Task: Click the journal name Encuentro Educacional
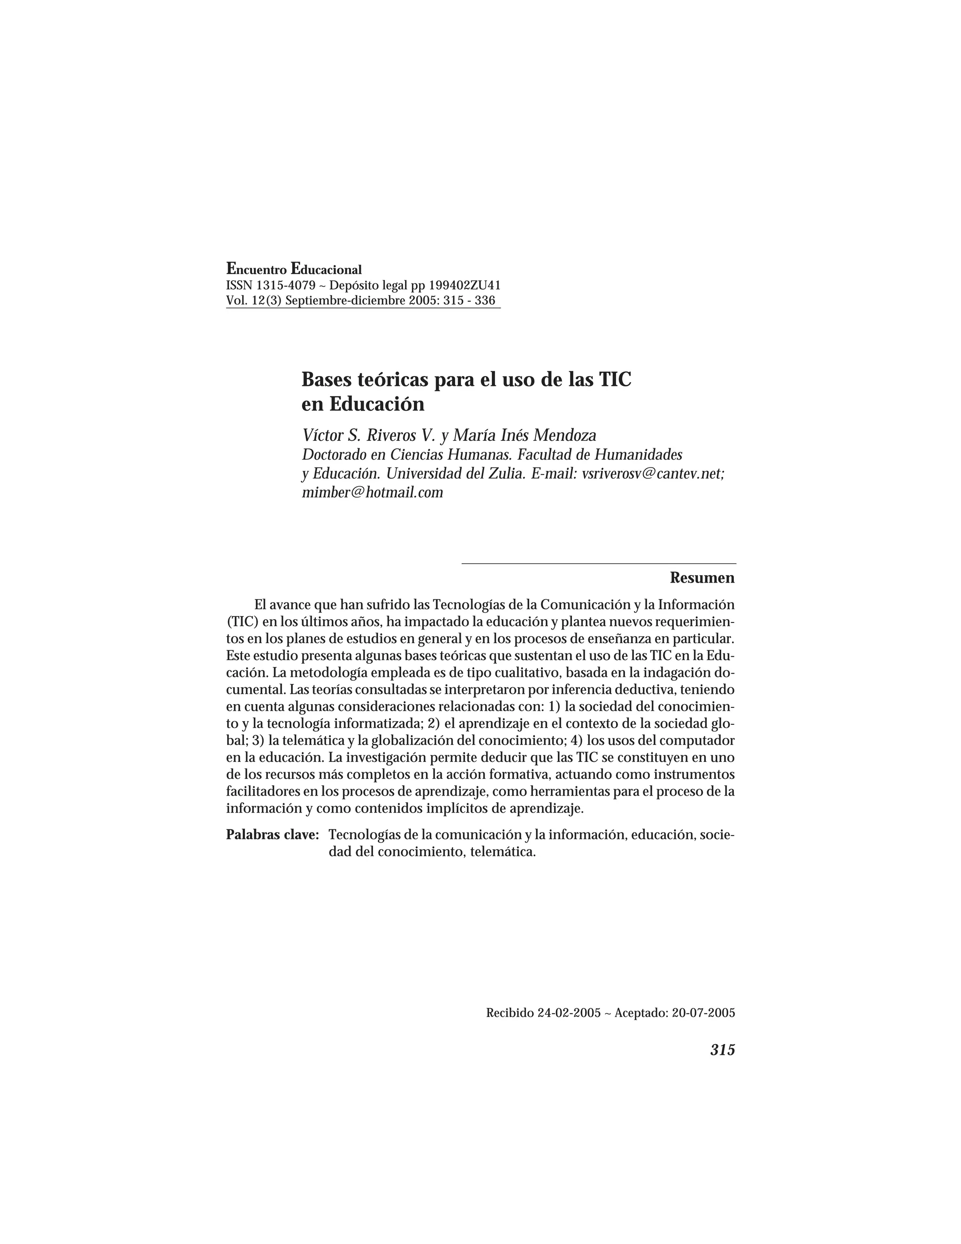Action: point(294,269)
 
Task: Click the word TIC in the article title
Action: point(614,379)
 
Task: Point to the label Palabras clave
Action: point(272,835)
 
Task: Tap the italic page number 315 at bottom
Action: point(723,1050)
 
